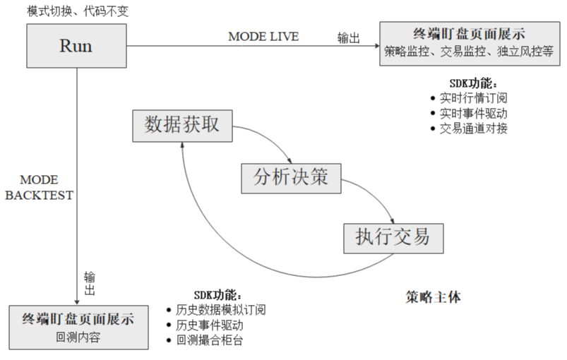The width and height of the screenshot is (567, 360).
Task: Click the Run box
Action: click(76, 47)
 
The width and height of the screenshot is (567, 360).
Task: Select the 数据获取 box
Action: click(182, 125)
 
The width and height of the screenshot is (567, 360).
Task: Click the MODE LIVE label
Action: click(263, 36)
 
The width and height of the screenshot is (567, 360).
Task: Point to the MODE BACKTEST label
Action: click(39, 188)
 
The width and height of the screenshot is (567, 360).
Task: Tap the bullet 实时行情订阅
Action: click(474, 98)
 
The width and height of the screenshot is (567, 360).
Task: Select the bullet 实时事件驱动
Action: click(474, 113)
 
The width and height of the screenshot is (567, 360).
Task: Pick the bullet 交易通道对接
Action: click(474, 128)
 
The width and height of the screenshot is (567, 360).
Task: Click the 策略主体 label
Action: click(434, 296)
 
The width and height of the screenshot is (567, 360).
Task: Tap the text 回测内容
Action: click(78, 337)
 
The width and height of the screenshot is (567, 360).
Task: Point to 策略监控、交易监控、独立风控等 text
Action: click(470, 52)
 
